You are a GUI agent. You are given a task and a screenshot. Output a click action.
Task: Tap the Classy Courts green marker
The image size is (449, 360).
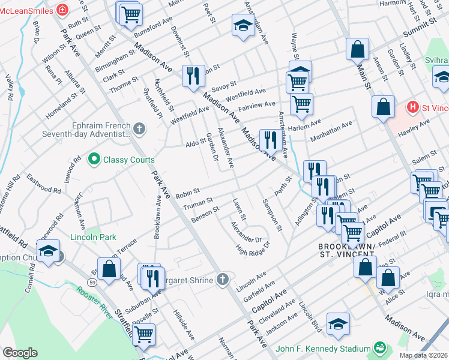[x=94, y=160]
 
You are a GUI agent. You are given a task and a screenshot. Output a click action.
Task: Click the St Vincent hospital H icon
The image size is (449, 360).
[x=412, y=107]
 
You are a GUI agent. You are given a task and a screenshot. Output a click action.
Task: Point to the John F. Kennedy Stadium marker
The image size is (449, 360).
[x=379, y=348]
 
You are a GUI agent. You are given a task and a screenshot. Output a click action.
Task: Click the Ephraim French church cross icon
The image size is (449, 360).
[x=139, y=128]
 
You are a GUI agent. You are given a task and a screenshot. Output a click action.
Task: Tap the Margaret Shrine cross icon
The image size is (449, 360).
[x=223, y=278]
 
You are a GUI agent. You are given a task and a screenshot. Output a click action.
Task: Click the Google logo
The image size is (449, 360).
[x=20, y=352]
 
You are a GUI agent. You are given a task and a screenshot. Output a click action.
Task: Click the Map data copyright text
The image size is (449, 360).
[x=424, y=355]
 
